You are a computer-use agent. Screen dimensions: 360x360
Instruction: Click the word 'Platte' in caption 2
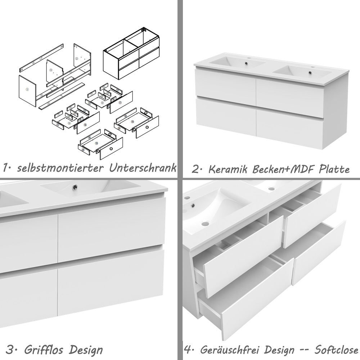click(334, 169)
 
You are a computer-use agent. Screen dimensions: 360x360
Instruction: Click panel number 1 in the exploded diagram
click(27, 90)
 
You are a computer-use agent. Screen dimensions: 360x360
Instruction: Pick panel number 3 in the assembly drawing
click(54, 72)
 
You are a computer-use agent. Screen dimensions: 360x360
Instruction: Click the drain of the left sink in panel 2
click(246, 63)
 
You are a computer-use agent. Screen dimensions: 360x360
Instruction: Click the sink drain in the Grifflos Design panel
click(75, 187)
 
